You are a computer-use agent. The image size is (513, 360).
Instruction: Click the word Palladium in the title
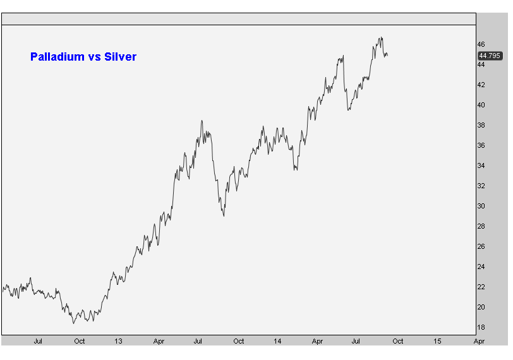pos(57,57)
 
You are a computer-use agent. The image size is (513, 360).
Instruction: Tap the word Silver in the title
pos(120,57)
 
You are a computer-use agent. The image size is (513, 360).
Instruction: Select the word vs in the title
pos(94,57)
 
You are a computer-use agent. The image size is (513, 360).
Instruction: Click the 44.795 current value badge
pos(490,56)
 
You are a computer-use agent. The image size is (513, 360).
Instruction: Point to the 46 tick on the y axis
pos(481,44)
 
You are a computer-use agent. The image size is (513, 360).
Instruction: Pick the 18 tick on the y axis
pos(481,327)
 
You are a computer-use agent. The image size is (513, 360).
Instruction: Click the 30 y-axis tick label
pos(481,206)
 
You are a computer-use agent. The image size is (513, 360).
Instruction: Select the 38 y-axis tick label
pos(481,125)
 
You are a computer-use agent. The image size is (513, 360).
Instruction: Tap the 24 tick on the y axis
pos(481,267)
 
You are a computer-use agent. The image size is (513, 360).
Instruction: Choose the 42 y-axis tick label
pos(481,85)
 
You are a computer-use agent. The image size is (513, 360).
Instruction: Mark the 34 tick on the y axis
pos(481,165)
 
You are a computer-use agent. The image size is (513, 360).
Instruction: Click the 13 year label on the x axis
pos(118,341)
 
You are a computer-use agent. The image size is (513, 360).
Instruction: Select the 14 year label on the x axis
pos(277,341)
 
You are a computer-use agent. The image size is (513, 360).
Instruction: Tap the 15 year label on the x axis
pos(437,341)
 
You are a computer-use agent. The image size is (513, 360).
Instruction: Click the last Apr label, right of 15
pos(479,341)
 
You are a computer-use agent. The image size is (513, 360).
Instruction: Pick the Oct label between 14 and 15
pos(398,341)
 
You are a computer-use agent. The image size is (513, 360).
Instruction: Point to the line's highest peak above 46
pos(382,37)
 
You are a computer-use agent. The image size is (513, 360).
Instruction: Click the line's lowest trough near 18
pos(74,323)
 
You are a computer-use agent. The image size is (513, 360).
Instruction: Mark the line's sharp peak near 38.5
pos(202,121)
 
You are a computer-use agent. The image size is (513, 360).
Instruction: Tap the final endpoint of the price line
pos(388,56)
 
